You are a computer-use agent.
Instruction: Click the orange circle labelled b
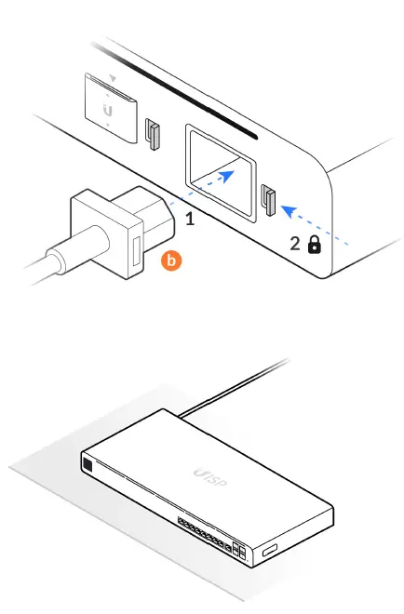click(x=170, y=262)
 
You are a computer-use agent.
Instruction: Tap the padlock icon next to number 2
click(x=315, y=245)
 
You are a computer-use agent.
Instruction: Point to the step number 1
click(x=190, y=220)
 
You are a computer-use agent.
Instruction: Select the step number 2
click(x=295, y=245)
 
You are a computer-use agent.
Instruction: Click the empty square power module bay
click(x=220, y=166)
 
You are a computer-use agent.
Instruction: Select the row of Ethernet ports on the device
click(x=197, y=535)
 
